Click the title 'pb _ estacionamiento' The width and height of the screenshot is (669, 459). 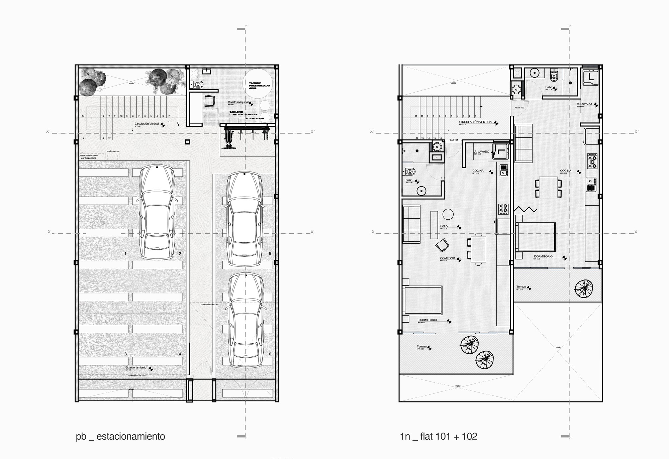(x=120, y=437)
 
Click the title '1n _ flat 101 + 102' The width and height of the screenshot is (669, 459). (x=439, y=437)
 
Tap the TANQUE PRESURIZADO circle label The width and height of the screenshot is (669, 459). (x=259, y=86)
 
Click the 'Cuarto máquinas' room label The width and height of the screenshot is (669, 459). (x=238, y=102)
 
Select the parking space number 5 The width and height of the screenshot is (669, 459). (x=270, y=254)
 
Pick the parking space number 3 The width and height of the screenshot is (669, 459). (x=125, y=354)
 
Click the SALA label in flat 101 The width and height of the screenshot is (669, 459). (x=444, y=226)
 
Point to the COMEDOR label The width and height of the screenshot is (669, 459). (x=447, y=258)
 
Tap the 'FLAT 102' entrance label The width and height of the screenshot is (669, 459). (x=519, y=108)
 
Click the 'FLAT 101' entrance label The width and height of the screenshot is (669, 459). (x=453, y=140)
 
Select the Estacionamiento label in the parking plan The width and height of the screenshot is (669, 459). (x=136, y=368)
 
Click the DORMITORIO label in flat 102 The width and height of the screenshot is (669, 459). (x=543, y=257)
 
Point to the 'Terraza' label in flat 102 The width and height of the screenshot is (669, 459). (x=521, y=287)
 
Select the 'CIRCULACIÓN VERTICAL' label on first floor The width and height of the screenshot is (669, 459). (x=476, y=122)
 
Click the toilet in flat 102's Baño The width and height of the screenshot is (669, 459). (x=554, y=76)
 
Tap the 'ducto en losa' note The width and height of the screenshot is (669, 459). (x=113, y=151)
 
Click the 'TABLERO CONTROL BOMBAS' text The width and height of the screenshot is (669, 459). (x=243, y=113)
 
